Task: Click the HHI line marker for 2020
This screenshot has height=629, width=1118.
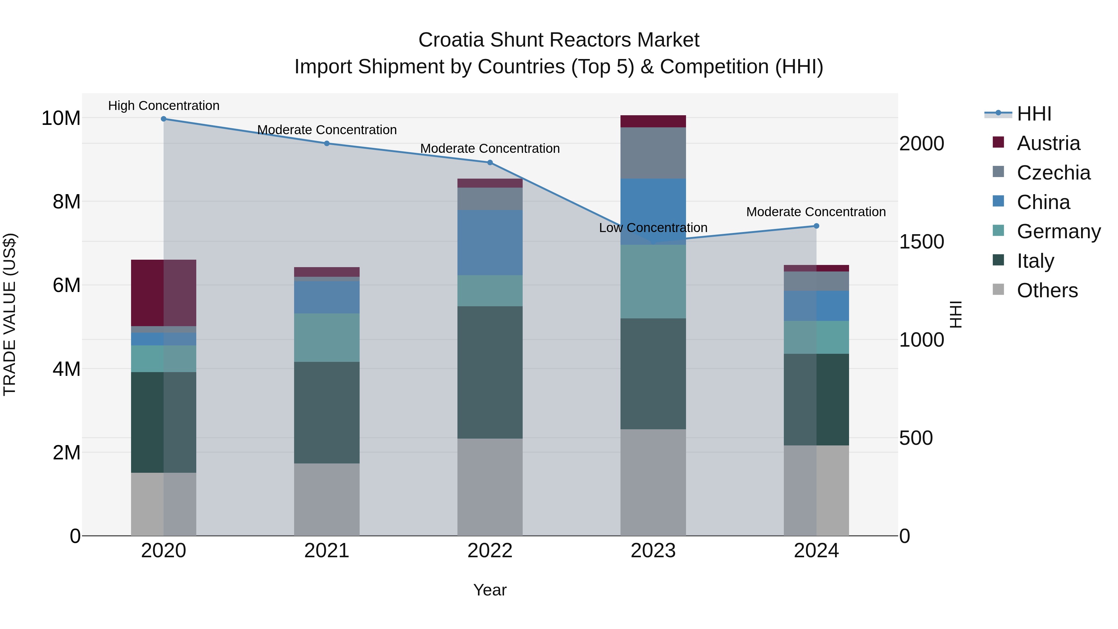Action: point(164,119)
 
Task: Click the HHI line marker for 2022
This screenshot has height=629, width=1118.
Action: point(490,163)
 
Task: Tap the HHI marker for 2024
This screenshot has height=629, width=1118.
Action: point(816,226)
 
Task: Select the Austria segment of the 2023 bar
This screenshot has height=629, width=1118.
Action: point(653,121)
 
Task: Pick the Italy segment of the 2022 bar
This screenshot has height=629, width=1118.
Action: point(490,372)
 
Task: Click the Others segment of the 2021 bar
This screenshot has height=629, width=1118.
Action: point(327,500)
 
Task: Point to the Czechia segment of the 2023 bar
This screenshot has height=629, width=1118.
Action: point(653,153)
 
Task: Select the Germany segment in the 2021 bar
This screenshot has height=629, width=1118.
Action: point(327,338)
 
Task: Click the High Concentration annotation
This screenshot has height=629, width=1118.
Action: point(164,106)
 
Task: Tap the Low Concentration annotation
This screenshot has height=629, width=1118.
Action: point(653,228)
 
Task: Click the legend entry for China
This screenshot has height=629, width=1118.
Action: point(1043,202)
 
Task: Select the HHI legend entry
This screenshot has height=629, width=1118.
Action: point(1034,114)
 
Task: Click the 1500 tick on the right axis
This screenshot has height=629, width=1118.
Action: point(921,242)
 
